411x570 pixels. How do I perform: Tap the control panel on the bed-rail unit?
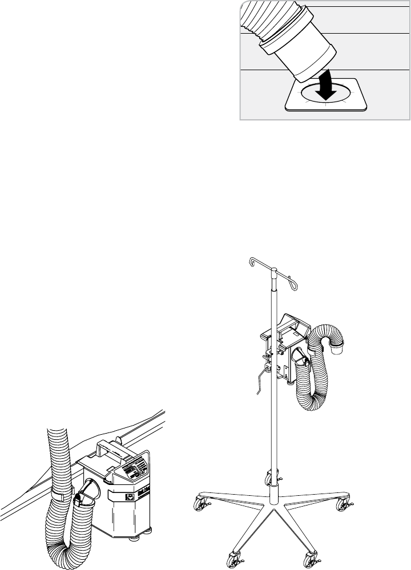pos(136,468)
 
